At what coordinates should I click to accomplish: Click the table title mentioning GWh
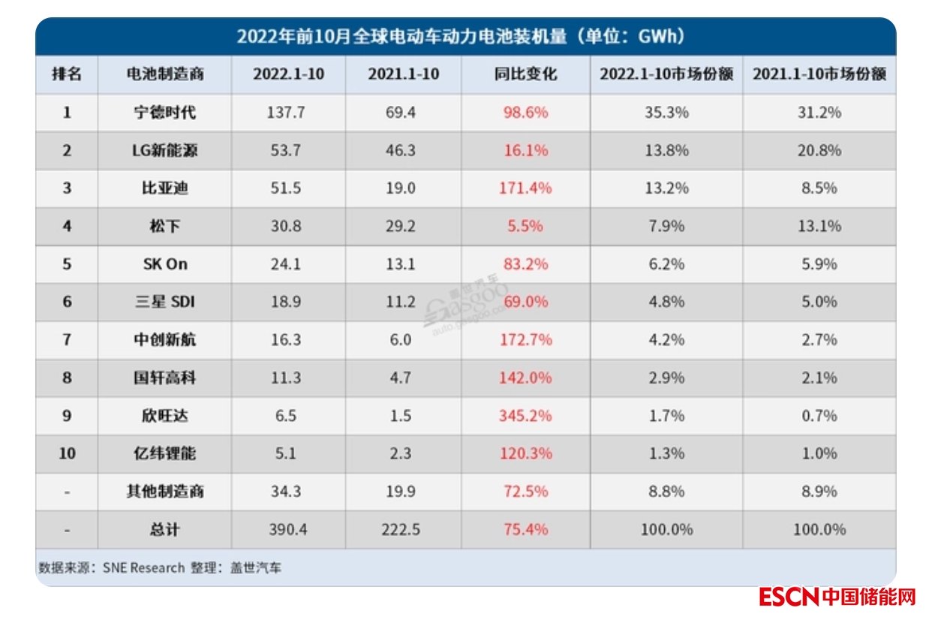pyautogui.click(x=464, y=37)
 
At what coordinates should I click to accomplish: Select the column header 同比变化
pyautogui.click(x=525, y=74)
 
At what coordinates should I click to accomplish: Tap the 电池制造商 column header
pyautogui.click(x=164, y=74)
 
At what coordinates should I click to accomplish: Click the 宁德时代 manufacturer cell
pyautogui.click(x=164, y=113)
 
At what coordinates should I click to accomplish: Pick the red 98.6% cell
pyautogui.click(x=525, y=113)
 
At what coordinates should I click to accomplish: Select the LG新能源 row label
pyautogui.click(x=164, y=150)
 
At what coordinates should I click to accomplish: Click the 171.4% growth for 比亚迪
pyautogui.click(x=525, y=188)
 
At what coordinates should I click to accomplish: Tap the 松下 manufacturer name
pyautogui.click(x=164, y=226)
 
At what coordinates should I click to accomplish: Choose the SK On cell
pyautogui.click(x=164, y=264)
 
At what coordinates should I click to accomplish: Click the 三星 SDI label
pyautogui.click(x=164, y=302)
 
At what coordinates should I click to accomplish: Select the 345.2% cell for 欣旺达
pyautogui.click(x=525, y=416)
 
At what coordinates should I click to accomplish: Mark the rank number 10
pyautogui.click(x=67, y=453)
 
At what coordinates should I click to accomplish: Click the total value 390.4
pyautogui.click(x=287, y=530)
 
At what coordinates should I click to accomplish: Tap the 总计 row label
pyautogui.click(x=164, y=530)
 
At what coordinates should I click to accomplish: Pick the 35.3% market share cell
pyautogui.click(x=666, y=113)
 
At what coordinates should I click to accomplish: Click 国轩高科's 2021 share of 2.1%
pyautogui.click(x=819, y=378)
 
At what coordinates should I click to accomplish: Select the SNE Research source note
pyautogui.click(x=160, y=567)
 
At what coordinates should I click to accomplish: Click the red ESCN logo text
pyautogui.click(x=788, y=597)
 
